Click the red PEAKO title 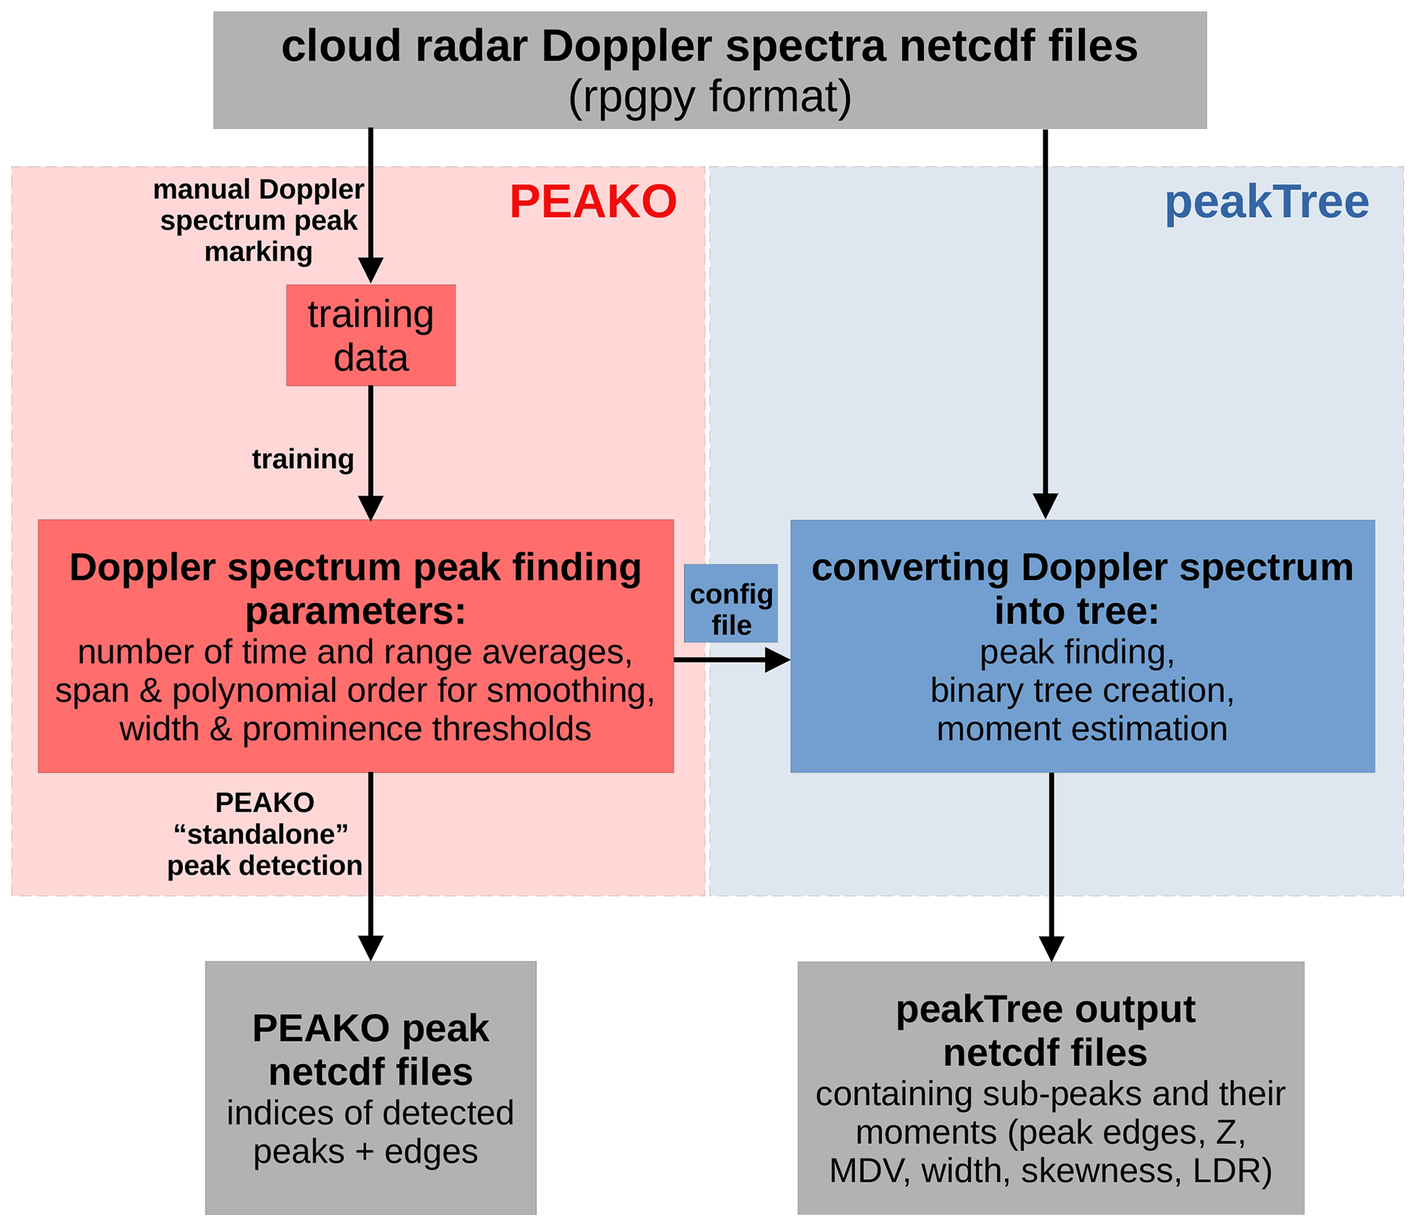pyautogui.click(x=593, y=202)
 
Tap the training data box pyautogui.click(x=371, y=335)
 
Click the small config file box pyautogui.click(x=731, y=603)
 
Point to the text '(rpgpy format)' pyautogui.click(x=710, y=97)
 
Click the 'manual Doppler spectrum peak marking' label pyautogui.click(x=258, y=221)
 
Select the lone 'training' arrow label pyautogui.click(x=303, y=459)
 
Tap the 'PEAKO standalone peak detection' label pyautogui.click(x=264, y=834)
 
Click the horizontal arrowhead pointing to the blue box pyautogui.click(x=778, y=660)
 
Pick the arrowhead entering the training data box pyautogui.click(x=371, y=271)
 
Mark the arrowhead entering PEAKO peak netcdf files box pyautogui.click(x=371, y=948)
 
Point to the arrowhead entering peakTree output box pyautogui.click(x=1052, y=949)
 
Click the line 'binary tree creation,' pyautogui.click(x=1082, y=690)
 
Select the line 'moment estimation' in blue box pyautogui.click(x=1082, y=729)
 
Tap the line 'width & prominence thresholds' pyautogui.click(x=355, y=729)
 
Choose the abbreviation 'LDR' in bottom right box pyautogui.click(x=1232, y=1171)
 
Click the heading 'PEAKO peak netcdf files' pyautogui.click(x=371, y=1050)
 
